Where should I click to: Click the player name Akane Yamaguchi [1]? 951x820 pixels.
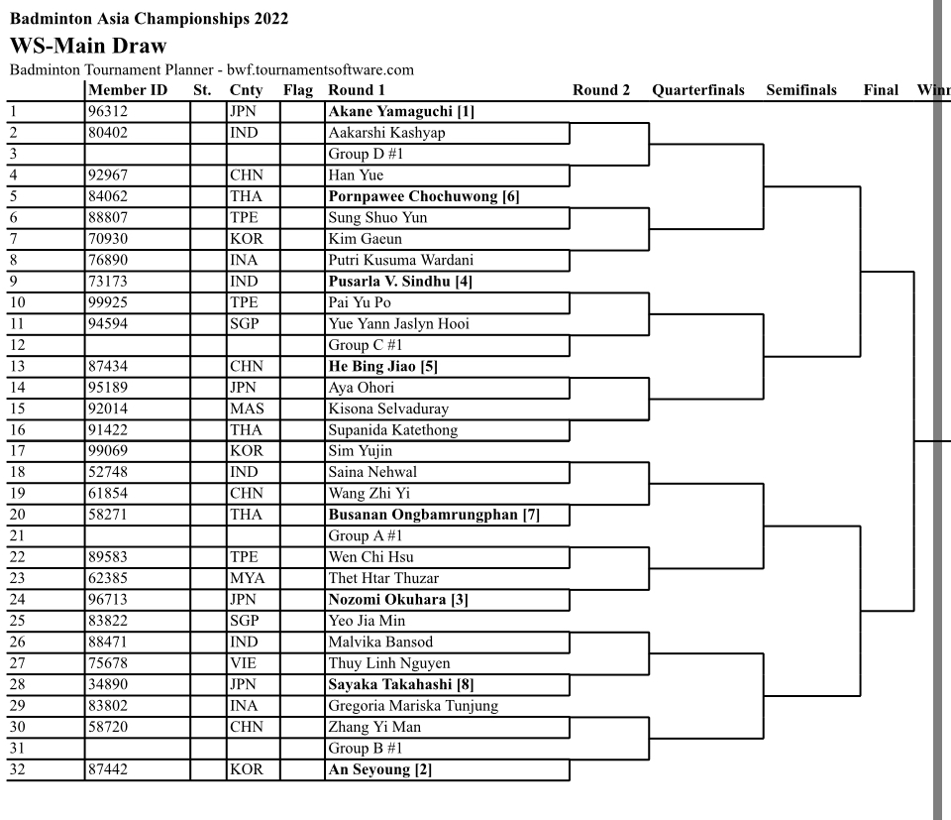pyautogui.click(x=401, y=111)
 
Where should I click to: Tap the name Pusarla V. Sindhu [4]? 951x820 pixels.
pyautogui.click(x=400, y=282)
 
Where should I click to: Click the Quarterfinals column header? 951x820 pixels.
pyautogui.click(x=698, y=90)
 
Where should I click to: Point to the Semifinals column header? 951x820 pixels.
pyautogui.click(x=801, y=90)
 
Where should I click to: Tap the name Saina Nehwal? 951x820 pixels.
pyautogui.click(x=372, y=472)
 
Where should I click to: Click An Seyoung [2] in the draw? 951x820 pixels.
pyautogui.click(x=380, y=769)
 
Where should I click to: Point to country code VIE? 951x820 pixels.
pyautogui.click(x=243, y=663)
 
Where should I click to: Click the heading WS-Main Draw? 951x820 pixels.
pyautogui.click(x=87, y=46)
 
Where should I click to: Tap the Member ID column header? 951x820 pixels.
pyautogui.click(x=127, y=90)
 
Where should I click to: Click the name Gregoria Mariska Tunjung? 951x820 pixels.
pyautogui.click(x=413, y=706)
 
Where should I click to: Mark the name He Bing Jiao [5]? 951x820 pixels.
pyautogui.click(x=382, y=366)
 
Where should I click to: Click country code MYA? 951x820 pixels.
pyautogui.click(x=245, y=578)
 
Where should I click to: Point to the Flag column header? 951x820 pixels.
pyautogui.click(x=298, y=90)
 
